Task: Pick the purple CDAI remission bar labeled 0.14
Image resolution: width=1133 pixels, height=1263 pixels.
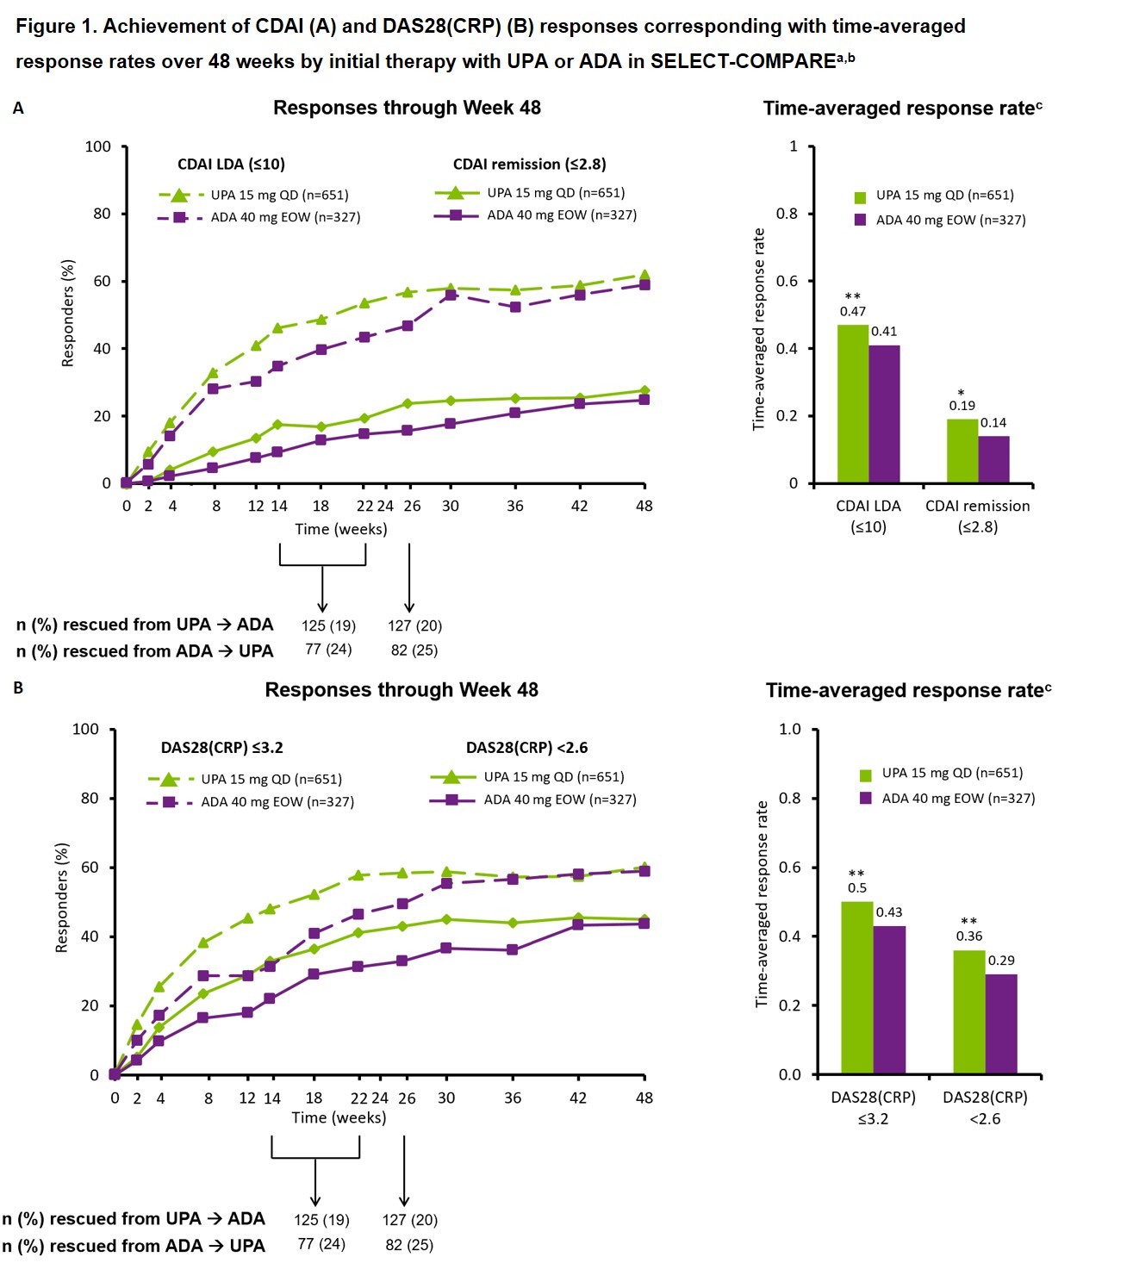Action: pyautogui.click(x=993, y=459)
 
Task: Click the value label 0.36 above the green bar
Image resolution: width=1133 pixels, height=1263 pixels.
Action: pyautogui.click(x=968, y=936)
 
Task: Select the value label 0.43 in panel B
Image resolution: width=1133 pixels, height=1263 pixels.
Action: pyautogui.click(x=889, y=912)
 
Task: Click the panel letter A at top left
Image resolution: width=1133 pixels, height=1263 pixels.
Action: pyautogui.click(x=18, y=109)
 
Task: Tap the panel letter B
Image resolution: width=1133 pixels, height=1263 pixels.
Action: pyautogui.click(x=18, y=688)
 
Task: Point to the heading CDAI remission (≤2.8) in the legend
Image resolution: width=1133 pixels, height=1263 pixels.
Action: pyautogui.click(x=529, y=165)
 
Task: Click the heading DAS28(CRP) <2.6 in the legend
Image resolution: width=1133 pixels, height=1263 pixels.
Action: pyautogui.click(x=526, y=748)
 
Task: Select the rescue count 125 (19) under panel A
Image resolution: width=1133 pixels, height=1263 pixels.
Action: pyautogui.click(x=328, y=625)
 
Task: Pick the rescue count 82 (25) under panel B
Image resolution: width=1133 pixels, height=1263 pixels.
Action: pyautogui.click(x=409, y=1245)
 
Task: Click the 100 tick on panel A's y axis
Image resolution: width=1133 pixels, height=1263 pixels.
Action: pyautogui.click(x=98, y=146)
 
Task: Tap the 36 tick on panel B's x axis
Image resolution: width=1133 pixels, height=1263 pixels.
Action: pyautogui.click(x=513, y=1098)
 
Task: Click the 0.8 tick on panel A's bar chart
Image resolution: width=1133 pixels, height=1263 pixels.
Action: pyautogui.click(x=787, y=214)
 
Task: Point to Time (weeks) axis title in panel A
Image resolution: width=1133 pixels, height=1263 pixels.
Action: pyautogui.click(x=340, y=529)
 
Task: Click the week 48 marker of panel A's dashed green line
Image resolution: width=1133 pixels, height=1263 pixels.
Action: pyautogui.click(x=644, y=276)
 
